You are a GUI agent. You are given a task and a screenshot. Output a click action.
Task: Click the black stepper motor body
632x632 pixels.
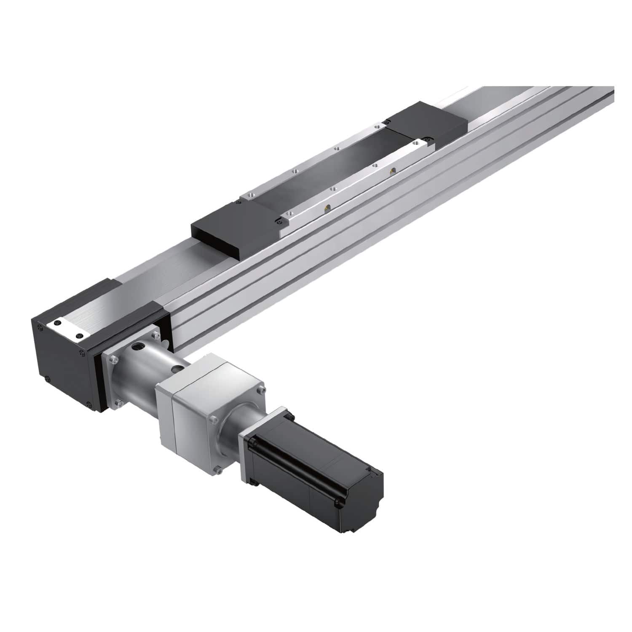[x=312, y=463]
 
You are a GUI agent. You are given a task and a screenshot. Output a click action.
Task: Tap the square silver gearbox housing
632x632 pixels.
[x=198, y=404]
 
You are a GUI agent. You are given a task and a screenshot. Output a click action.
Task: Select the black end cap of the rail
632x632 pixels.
[x=63, y=358]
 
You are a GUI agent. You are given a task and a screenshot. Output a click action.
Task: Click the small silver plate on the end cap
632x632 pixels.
[x=67, y=329]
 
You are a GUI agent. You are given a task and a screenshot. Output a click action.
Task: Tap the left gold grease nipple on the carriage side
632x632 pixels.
[x=326, y=207]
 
